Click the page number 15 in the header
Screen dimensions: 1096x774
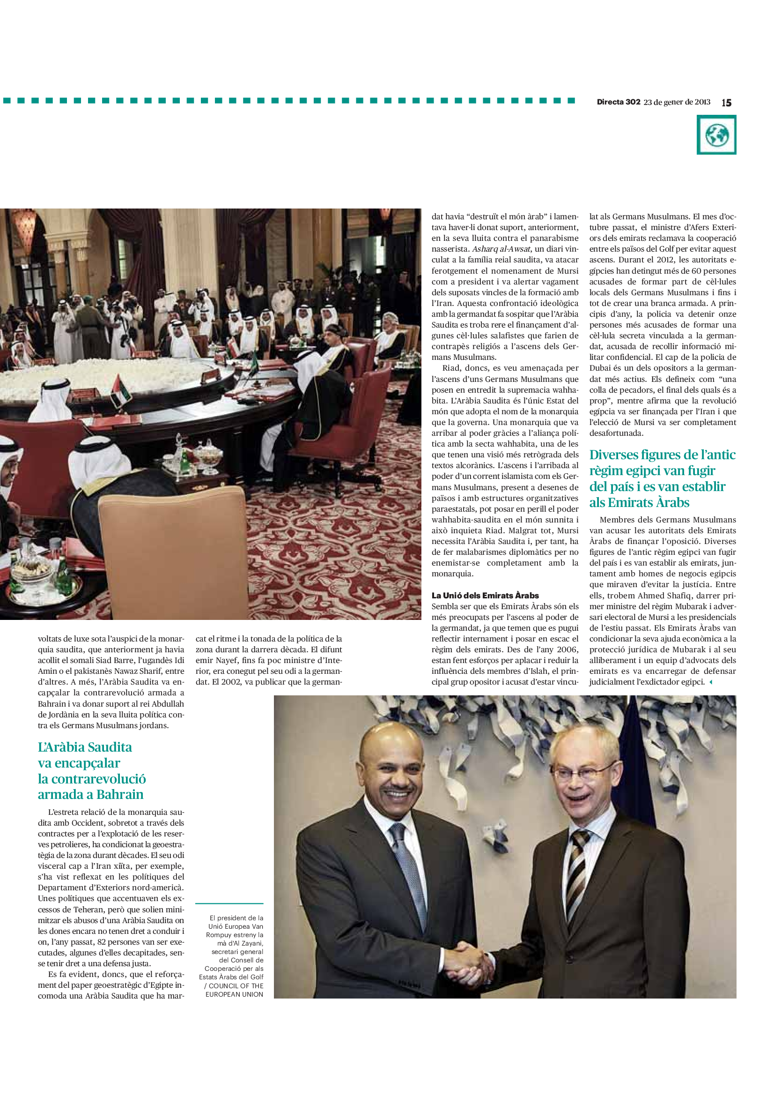(726, 103)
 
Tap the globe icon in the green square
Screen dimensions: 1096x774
(716, 135)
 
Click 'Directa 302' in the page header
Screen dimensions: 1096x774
(618, 102)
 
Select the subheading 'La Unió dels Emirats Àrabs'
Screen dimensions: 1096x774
(485, 595)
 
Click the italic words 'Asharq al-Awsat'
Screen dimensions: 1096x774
(501, 249)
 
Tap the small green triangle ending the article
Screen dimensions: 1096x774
(711, 682)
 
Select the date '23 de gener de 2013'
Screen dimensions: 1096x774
(677, 102)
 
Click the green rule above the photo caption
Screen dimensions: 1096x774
(229, 903)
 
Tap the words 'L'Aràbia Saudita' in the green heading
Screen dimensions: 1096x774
(85, 747)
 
